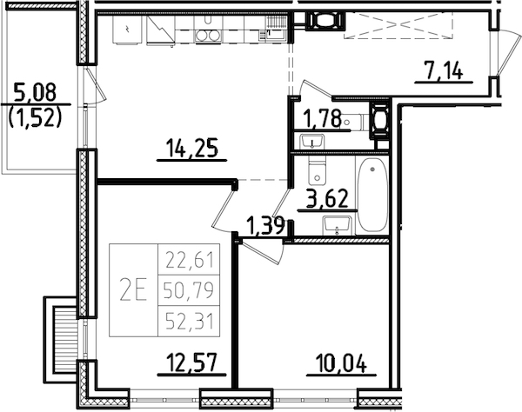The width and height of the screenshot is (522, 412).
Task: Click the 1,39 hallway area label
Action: tap(264, 226)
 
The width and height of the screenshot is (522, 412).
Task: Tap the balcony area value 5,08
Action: tap(35, 90)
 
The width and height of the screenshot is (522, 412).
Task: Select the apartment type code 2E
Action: tap(133, 289)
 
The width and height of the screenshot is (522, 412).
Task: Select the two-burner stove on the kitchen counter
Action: tap(206, 35)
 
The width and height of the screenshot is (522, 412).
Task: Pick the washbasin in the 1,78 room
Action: tap(309, 141)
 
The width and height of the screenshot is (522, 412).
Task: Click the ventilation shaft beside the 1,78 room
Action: tap(379, 120)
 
